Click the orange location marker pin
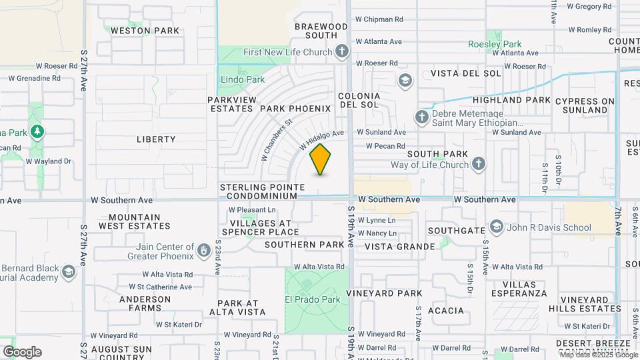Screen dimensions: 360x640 (321, 159)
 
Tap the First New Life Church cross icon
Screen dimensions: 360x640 (342, 51)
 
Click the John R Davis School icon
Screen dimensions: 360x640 (496, 227)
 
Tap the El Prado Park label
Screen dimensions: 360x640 (313, 299)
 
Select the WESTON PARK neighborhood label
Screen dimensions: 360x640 (145, 31)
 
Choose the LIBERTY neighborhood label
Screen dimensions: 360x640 (156, 139)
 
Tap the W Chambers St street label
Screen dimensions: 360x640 (277, 141)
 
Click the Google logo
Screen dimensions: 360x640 (22, 352)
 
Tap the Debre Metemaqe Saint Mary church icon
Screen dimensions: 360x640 (421, 117)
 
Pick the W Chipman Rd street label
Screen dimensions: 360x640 (379, 20)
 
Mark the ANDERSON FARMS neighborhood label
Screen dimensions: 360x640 (145, 303)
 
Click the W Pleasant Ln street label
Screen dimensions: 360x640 (253, 209)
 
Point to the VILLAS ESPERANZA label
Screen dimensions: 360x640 (519, 289)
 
